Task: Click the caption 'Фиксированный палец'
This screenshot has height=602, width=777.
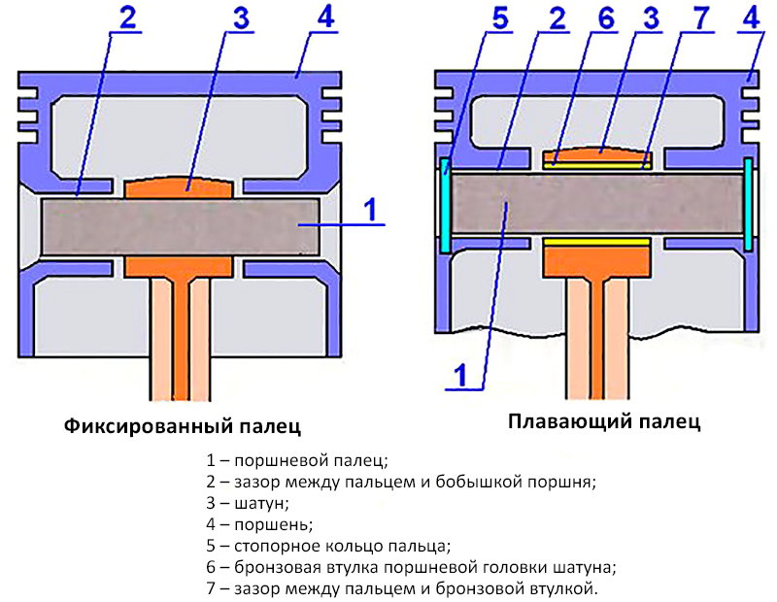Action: click(182, 427)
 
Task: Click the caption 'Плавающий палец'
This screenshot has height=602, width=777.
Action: click(603, 422)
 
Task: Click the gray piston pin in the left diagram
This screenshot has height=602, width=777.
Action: click(182, 222)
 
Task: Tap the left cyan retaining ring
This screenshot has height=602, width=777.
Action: click(446, 205)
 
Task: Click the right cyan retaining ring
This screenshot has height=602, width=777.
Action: click(749, 205)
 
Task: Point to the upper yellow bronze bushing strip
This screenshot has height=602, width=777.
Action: click(595, 164)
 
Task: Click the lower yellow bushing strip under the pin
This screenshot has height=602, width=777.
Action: click(595, 240)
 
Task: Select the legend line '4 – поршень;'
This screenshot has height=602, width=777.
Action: click(258, 524)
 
